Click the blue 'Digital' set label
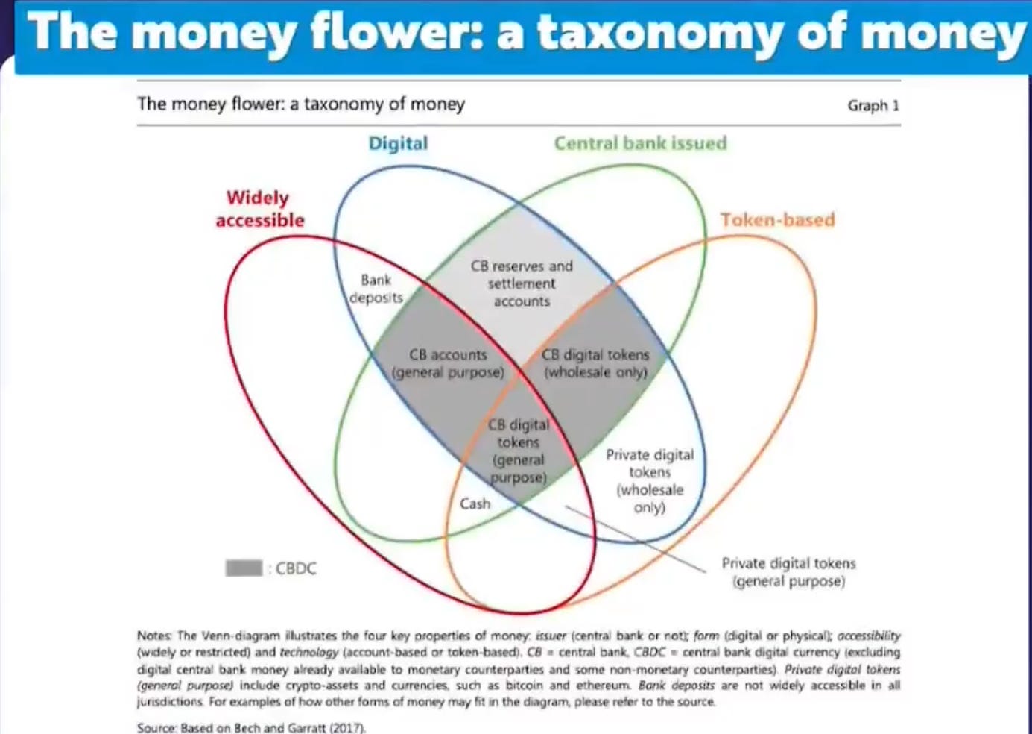coord(398,143)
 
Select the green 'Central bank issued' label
coord(640,143)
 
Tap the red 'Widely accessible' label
coord(259,209)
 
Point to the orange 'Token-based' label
coord(777,219)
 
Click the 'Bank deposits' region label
coord(376,289)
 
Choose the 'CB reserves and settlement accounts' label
coord(522,283)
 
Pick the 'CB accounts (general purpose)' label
coord(449,363)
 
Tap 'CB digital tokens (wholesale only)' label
coord(595,363)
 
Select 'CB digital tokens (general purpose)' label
coord(519,451)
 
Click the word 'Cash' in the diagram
coord(475,504)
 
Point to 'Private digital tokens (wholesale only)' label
coord(650,481)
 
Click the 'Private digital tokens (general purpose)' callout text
coord(788,572)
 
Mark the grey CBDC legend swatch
coord(244,568)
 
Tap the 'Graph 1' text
coord(873,105)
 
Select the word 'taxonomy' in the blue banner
coord(659,34)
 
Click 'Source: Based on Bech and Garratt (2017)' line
coord(251,727)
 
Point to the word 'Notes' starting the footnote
coord(154,636)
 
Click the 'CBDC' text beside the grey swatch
coord(296,568)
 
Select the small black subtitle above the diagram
coord(300,104)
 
